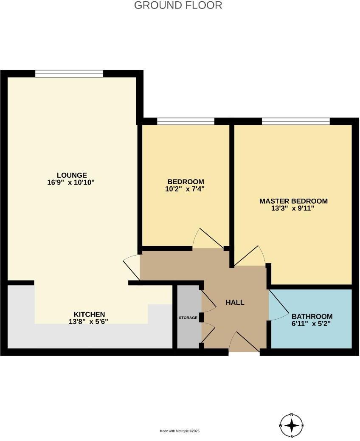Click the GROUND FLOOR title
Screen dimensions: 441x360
tap(178, 6)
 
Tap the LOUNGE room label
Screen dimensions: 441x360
tap(72, 175)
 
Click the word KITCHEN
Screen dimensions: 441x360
tap(89, 314)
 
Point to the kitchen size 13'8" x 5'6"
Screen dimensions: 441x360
tap(89, 321)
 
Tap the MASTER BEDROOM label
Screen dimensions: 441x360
tap(293, 201)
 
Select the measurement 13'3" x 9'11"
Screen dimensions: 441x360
tap(293, 208)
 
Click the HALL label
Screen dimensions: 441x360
tap(235, 302)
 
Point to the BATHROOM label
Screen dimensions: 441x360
tap(312, 316)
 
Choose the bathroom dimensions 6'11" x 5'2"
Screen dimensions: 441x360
tap(312, 323)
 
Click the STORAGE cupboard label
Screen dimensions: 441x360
tap(188, 317)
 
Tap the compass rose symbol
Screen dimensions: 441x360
tap(292, 425)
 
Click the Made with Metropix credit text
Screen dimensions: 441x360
tap(179, 431)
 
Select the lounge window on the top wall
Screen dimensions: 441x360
tap(69, 74)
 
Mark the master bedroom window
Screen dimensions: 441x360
tap(295, 121)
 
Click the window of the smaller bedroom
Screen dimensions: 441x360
tap(186, 121)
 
